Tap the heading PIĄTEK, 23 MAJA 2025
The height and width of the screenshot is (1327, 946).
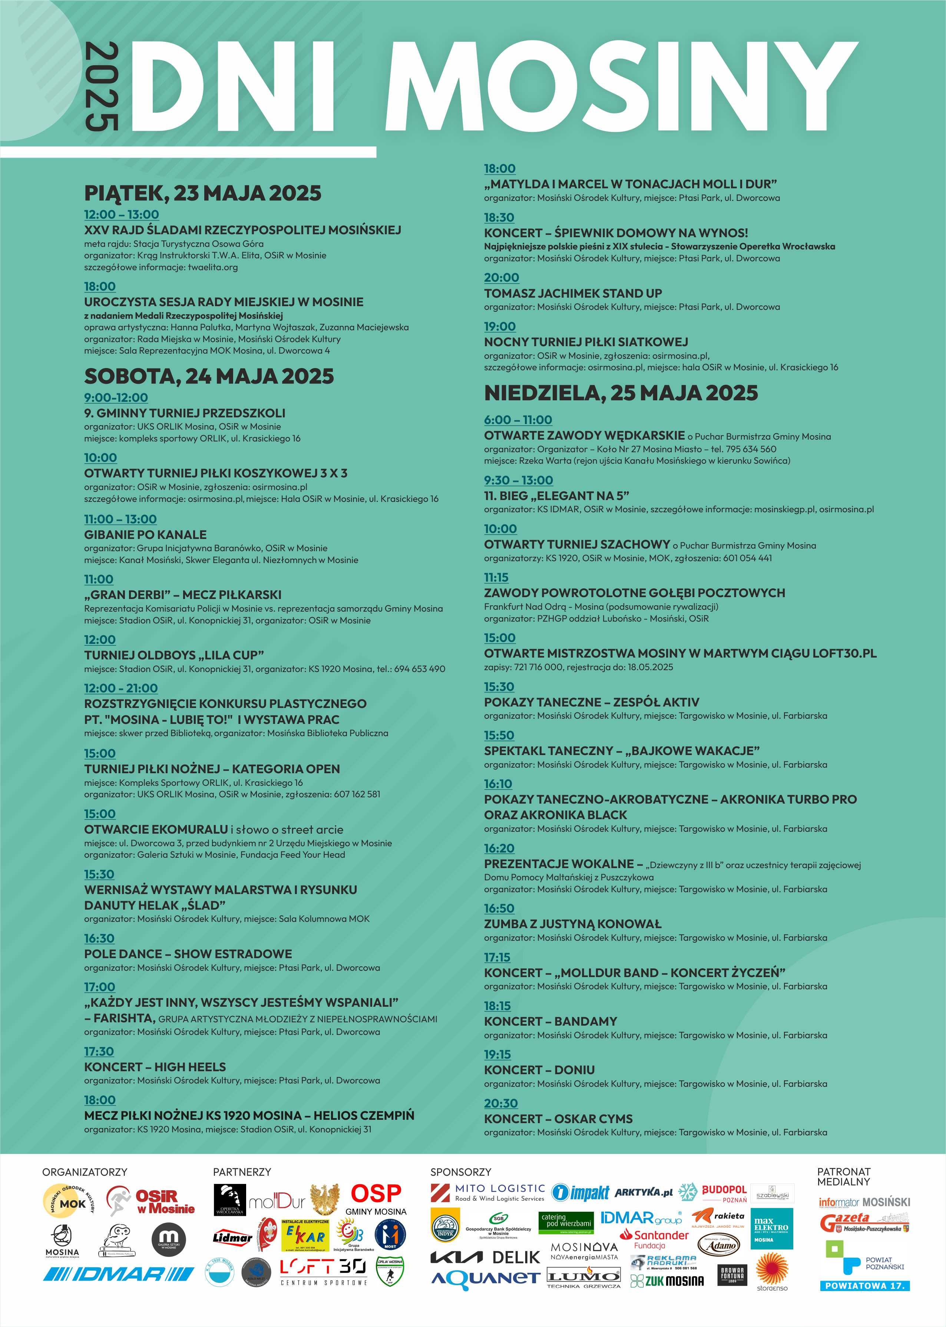click(x=203, y=193)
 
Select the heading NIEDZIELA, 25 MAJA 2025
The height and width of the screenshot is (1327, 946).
click(x=621, y=393)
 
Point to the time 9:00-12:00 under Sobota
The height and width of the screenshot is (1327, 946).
click(x=116, y=398)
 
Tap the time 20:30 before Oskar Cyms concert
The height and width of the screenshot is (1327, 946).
click(x=500, y=1103)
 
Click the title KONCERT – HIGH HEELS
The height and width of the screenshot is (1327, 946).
click(x=155, y=1067)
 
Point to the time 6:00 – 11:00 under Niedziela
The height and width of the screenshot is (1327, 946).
click(x=518, y=420)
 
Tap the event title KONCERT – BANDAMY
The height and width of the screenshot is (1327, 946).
click(x=550, y=1021)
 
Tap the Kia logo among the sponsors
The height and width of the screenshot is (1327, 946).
click(x=456, y=1258)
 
